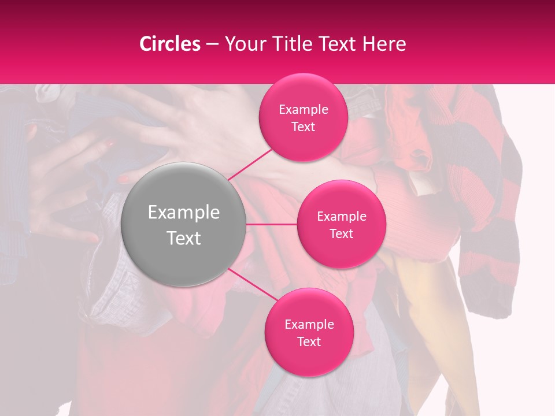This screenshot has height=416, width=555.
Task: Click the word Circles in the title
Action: [170, 44]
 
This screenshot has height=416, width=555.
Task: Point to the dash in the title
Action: [212, 44]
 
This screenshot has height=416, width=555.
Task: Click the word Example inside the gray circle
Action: [184, 213]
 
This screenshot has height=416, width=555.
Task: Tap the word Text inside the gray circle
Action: [184, 238]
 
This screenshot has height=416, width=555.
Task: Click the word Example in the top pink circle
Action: [303, 110]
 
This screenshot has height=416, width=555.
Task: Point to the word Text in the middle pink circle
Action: [341, 234]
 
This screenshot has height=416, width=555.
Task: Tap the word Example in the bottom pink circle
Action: [309, 324]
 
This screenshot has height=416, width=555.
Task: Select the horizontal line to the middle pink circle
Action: [272, 224]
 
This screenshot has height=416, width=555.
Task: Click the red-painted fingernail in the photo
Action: [124, 180]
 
